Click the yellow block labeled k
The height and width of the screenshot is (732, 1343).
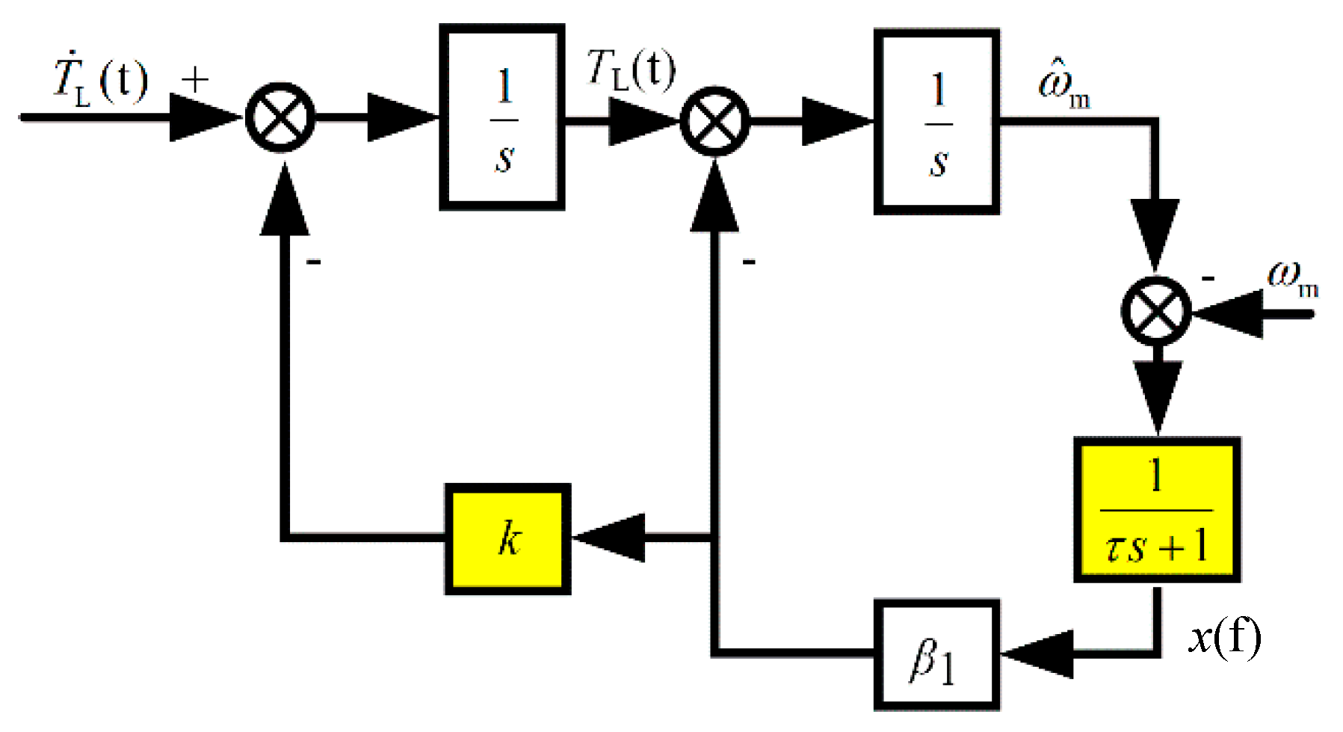508,539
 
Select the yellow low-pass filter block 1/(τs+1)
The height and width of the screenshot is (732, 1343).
1157,510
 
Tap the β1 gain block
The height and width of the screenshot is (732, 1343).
936,656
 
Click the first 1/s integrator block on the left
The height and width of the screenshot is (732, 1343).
501,117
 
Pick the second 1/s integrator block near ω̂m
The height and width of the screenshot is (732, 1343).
936,122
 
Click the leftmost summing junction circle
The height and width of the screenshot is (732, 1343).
280,118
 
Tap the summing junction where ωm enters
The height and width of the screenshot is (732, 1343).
1156,310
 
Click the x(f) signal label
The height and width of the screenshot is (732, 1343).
1224,637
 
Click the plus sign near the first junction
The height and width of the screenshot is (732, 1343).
195,79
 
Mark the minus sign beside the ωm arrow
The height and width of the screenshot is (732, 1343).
1208,278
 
